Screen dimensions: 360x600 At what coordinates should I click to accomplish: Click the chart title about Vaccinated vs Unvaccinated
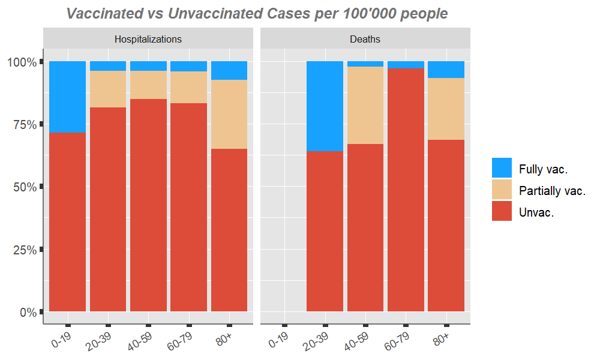tap(257, 13)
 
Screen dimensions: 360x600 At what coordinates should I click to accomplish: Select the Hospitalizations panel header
tap(148, 40)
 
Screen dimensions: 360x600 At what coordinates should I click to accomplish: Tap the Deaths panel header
tap(365, 40)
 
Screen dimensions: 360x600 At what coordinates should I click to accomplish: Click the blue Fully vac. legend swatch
tap(502, 168)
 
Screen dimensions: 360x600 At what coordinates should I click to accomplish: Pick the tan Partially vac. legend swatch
tap(502, 190)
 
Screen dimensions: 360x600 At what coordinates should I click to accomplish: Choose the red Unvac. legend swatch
tap(502, 211)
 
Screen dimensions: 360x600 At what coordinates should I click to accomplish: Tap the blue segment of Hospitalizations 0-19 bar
tap(67, 97)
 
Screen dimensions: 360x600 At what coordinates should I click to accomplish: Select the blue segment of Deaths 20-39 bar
tap(325, 106)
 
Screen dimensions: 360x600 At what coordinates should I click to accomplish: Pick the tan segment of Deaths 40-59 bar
tap(365, 105)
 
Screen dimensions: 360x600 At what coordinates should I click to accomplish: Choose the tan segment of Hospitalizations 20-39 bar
tap(107, 89)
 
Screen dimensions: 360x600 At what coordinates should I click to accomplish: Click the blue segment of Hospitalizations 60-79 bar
tap(188, 66)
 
